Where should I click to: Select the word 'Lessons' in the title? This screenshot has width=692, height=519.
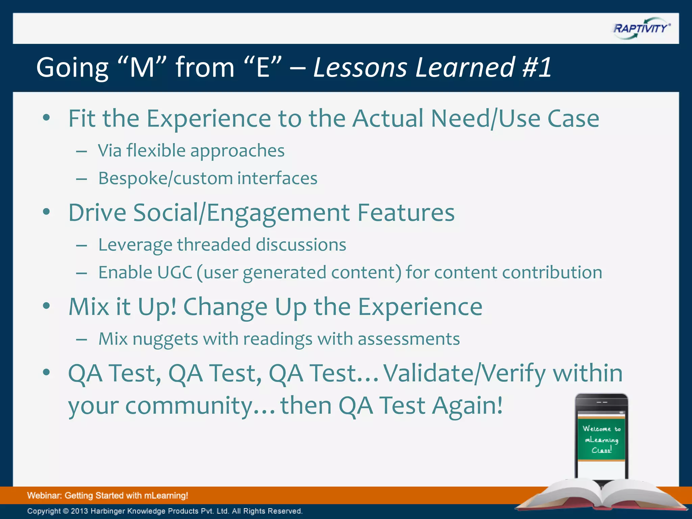click(x=360, y=67)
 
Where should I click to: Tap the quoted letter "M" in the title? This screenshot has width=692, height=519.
click(x=142, y=67)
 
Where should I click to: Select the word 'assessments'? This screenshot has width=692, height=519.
click(x=409, y=339)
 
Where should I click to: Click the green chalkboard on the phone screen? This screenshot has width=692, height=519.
click(x=601, y=439)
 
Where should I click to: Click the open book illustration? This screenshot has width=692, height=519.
click(x=601, y=497)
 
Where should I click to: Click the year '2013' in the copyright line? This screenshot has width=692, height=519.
click(x=79, y=511)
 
